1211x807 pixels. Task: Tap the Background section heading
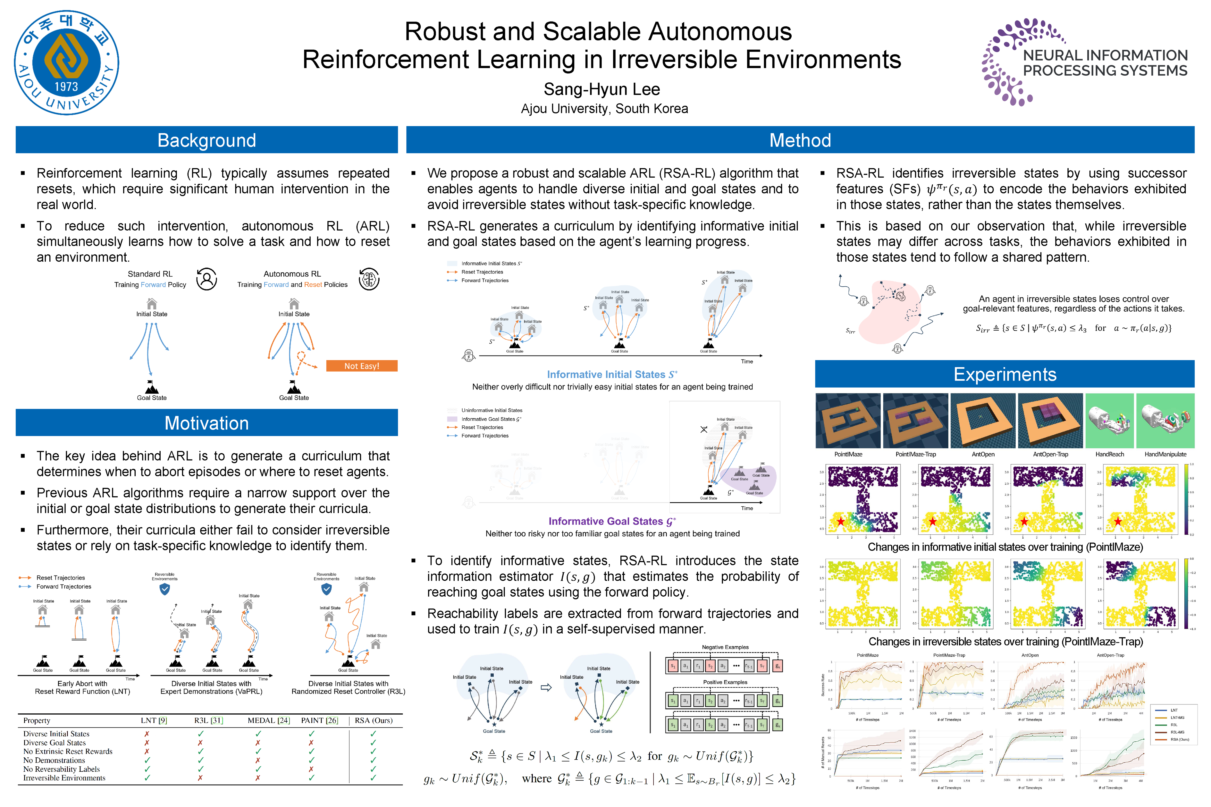(x=207, y=140)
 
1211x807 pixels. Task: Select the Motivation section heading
(x=207, y=423)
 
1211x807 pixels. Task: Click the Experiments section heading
(x=1004, y=374)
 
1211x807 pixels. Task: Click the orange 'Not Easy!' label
(x=361, y=366)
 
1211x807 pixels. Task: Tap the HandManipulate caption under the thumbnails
(x=1165, y=454)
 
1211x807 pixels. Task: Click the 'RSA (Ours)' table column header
(x=373, y=720)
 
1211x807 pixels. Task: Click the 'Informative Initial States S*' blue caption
(x=612, y=375)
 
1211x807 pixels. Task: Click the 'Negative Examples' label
(x=725, y=647)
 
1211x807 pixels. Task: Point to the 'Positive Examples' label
(x=725, y=682)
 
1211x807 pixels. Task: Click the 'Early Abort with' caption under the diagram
(x=82, y=683)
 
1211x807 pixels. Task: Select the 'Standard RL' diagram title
(x=150, y=274)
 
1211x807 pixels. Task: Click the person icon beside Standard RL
(x=207, y=279)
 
